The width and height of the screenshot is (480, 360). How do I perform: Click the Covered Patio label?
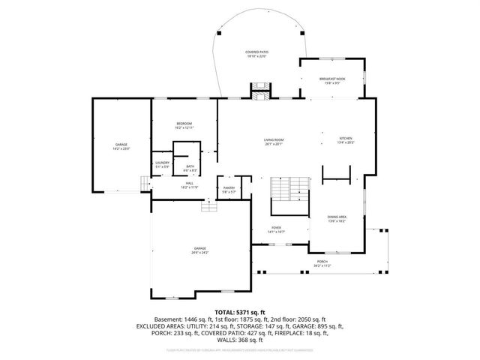click(256, 53)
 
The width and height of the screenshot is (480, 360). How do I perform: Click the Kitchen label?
click(345, 139)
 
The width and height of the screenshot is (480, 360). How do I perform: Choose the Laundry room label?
click(162, 163)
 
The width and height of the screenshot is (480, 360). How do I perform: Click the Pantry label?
click(229, 190)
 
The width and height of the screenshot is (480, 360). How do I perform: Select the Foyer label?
click(276, 230)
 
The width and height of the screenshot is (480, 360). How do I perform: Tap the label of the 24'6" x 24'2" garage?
click(199, 250)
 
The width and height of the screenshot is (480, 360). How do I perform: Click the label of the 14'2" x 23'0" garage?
click(121, 146)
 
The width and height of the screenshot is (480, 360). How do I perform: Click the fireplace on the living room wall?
click(259, 94)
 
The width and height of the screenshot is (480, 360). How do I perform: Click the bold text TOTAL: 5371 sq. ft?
click(240, 311)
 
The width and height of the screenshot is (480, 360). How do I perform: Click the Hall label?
click(190, 184)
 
